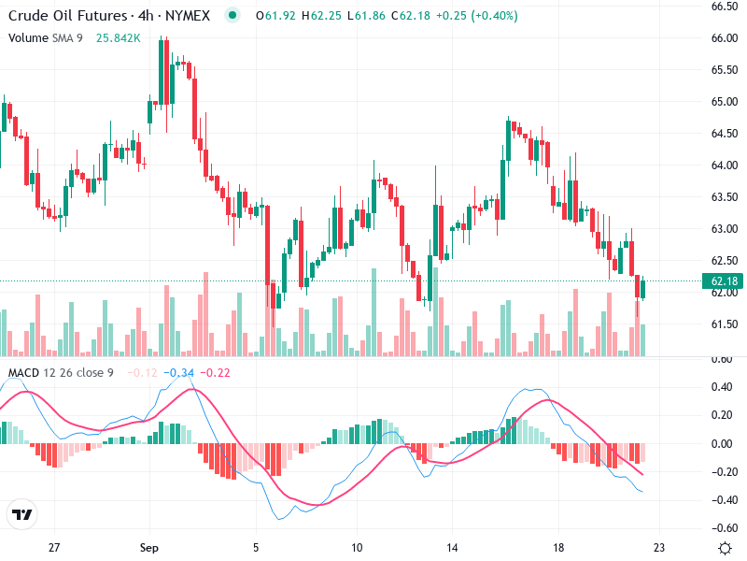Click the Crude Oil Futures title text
coord(68,16)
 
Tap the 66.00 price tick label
coord(725,38)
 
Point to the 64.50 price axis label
coord(725,134)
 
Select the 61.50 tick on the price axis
coord(725,324)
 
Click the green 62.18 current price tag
coord(725,281)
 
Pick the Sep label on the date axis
coord(151,547)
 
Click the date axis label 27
coord(54,547)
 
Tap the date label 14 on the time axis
coord(453,547)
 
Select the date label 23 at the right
coord(658,547)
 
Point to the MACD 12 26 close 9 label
coord(62,373)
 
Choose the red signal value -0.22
coord(217,373)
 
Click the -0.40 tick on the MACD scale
coord(723,500)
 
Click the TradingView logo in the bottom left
coord(22,514)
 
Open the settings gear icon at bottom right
coord(724,547)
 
